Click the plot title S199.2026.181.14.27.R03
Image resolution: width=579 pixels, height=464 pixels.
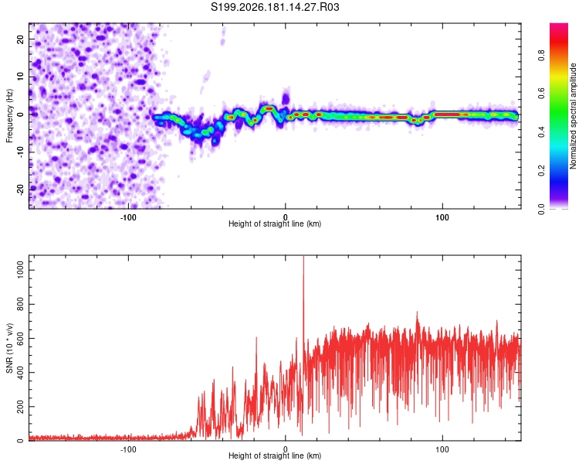(x=275, y=7)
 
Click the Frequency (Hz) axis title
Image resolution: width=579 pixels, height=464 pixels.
(x=9, y=116)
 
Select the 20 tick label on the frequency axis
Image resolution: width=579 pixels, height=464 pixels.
(x=20, y=39)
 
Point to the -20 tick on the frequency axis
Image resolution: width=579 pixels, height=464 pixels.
(x=20, y=190)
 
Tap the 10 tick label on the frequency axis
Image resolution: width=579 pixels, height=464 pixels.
(x=20, y=77)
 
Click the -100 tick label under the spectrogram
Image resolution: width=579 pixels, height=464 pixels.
(x=128, y=217)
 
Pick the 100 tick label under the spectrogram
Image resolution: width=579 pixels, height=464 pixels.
(x=442, y=217)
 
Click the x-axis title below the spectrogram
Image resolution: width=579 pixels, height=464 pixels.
(x=275, y=223)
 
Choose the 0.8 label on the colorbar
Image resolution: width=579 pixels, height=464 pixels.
(x=541, y=55)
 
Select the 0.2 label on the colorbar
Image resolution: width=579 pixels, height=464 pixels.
(x=541, y=171)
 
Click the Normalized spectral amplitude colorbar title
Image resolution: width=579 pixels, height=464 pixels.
(x=573, y=116)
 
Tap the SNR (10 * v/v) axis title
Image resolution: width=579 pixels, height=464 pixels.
(x=9, y=348)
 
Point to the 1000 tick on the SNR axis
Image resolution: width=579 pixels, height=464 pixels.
(x=20, y=270)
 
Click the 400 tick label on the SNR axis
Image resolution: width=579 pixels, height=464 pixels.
(x=20, y=372)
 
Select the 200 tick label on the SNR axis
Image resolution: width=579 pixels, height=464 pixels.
(x=20, y=406)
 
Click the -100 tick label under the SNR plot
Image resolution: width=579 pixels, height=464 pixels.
(x=128, y=449)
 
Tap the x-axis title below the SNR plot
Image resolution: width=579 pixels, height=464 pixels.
(x=275, y=455)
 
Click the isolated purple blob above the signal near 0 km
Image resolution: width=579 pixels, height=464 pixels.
(x=286, y=98)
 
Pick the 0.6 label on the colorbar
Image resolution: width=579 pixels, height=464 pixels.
(x=541, y=94)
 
